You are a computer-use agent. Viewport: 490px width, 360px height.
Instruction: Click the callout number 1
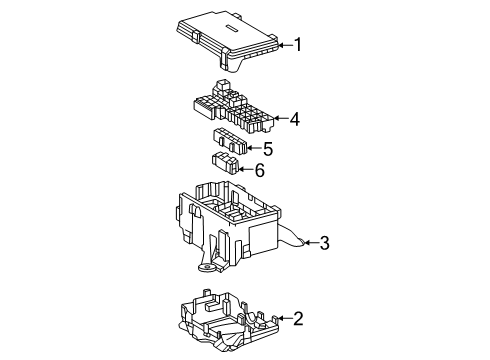[x=298, y=44]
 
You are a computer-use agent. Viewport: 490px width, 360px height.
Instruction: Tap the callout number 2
[x=298, y=318]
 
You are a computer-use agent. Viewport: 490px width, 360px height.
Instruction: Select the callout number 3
[x=324, y=243]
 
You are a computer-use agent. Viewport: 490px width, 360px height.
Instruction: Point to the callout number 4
[x=294, y=119]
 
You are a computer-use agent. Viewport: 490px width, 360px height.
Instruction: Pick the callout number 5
[x=268, y=149]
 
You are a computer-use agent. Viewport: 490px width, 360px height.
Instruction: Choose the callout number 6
[x=259, y=170]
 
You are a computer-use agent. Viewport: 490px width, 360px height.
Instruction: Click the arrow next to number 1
[x=285, y=45]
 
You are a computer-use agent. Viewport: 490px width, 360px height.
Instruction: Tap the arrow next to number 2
[x=285, y=319]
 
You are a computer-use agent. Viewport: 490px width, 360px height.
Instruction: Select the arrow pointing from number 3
[x=311, y=243]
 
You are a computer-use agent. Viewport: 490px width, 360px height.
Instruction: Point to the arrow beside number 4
[x=281, y=118]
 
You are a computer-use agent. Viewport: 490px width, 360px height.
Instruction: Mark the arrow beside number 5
[x=254, y=148]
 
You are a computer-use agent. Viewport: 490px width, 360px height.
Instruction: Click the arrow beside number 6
[x=246, y=170]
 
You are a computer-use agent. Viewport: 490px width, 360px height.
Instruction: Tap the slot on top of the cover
[x=231, y=29]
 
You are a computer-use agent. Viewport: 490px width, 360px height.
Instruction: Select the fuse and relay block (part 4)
[x=233, y=106]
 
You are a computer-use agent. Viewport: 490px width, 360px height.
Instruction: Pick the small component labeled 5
[x=230, y=141]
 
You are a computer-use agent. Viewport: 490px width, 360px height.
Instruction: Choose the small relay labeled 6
[x=226, y=163]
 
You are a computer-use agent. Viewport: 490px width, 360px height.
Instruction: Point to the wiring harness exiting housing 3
[x=291, y=237]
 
